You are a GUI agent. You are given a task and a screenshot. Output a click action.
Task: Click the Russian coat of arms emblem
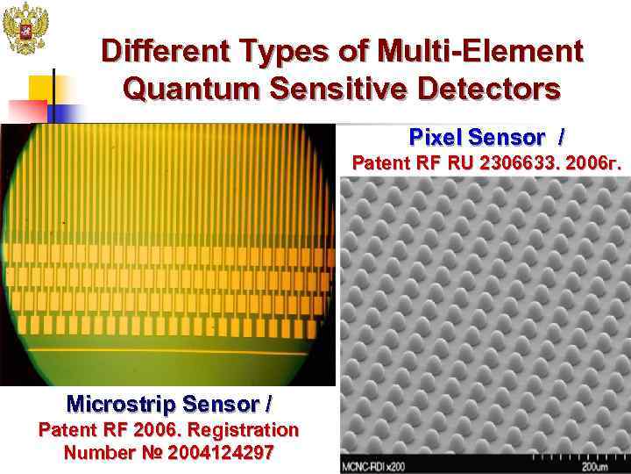click(24, 28)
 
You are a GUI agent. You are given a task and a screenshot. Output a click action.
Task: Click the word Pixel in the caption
click(436, 138)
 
